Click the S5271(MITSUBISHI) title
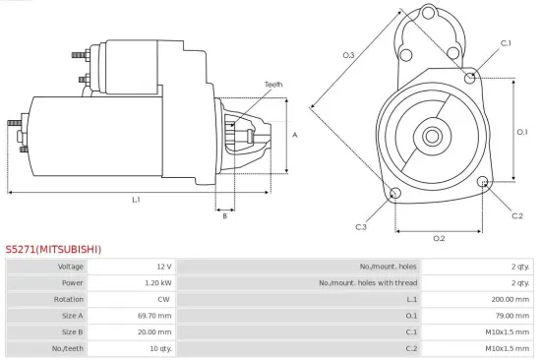point(53,250)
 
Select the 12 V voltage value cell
point(162,267)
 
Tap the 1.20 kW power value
point(158,282)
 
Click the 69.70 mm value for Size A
point(155,316)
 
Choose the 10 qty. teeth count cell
point(159,348)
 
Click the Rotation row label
point(69,299)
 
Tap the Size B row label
point(72,331)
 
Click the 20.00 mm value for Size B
point(155,331)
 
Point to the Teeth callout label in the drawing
point(273,85)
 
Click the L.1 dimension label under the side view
point(136,200)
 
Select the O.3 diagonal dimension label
point(348,56)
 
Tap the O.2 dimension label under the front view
point(439,238)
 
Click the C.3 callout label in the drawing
point(361,227)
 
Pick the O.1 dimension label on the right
point(522,131)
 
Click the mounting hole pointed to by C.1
point(472,76)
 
